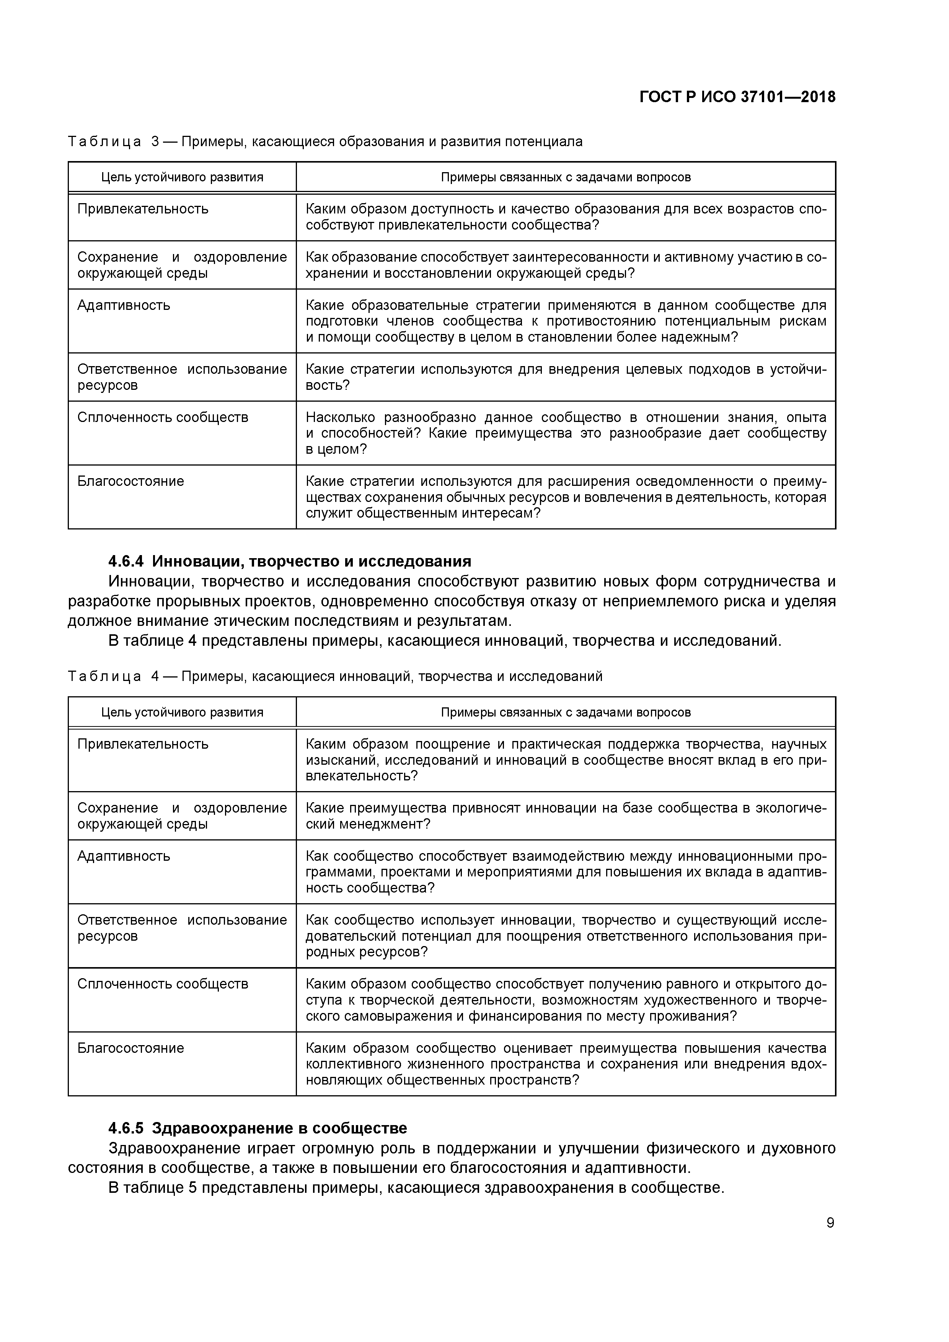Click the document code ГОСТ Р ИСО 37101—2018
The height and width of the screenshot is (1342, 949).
click(x=737, y=97)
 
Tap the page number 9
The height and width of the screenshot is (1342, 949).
click(x=830, y=1223)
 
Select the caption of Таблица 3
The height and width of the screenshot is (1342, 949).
click(x=325, y=142)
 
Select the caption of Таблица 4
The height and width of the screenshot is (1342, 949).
click(x=335, y=676)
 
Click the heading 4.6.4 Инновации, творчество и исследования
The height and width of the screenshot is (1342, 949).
click(x=289, y=561)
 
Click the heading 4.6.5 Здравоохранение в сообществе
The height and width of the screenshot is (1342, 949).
click(x=257, y=1127)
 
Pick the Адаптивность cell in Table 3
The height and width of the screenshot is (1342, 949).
click(x=124, y=305)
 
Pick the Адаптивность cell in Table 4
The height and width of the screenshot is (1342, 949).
click(x=124, y=856)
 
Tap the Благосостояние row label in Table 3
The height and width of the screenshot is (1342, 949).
click(x=130, y=481)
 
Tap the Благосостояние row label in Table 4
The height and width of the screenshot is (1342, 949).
click(x=130, y=1048)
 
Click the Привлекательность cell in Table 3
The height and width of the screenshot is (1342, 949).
click(x=143, y=208)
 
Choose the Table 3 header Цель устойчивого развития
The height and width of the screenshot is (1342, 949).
click(x=182, y=177)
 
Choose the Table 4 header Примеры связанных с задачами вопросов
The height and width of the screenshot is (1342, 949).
click(x=566, y=712)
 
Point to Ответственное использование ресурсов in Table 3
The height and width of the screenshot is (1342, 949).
click(x=182, y=377)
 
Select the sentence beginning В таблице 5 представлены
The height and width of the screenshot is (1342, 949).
click(x=416, y=1188)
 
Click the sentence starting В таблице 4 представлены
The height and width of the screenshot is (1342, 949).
click(x=444, y=641)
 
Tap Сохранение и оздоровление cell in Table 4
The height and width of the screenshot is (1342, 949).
click(x=182, y=816)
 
